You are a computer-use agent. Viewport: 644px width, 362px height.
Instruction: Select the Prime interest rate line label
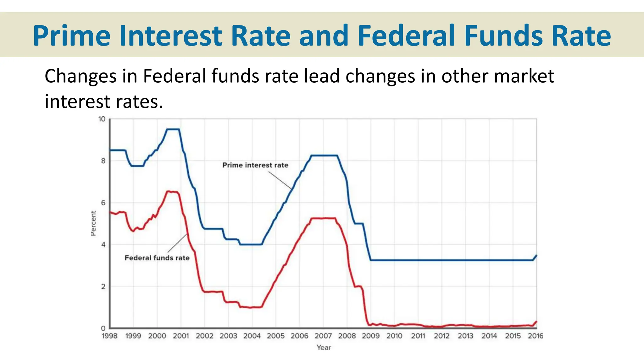(255, 165)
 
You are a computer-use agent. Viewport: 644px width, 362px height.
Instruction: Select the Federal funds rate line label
(157, 258)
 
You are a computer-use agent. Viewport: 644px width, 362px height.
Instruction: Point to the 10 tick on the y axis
(102, 119)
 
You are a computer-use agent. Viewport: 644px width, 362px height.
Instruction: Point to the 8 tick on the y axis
(103, 161)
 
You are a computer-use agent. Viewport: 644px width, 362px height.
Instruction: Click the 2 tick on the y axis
(103, 287)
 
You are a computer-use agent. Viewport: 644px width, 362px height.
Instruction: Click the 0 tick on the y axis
(103, 328)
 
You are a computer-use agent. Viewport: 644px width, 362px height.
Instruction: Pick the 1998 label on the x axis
(109, 336)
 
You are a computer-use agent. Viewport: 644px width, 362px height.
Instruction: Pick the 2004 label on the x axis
(252, 336)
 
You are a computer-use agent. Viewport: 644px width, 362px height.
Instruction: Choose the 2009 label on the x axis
(370, 336)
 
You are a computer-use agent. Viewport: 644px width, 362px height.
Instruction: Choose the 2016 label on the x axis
(535, 336)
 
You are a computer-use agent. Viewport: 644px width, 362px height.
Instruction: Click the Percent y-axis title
(93, 223)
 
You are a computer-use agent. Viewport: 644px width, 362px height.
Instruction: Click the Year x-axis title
(324, 348)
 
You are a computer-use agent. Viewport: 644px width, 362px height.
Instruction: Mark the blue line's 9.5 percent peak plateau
(173, 129)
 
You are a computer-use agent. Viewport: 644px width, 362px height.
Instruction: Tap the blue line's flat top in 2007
(324, 155)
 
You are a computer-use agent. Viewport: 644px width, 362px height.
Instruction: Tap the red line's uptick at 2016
(536, 322)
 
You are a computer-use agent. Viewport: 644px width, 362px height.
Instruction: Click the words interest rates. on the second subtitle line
(104, 102)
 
